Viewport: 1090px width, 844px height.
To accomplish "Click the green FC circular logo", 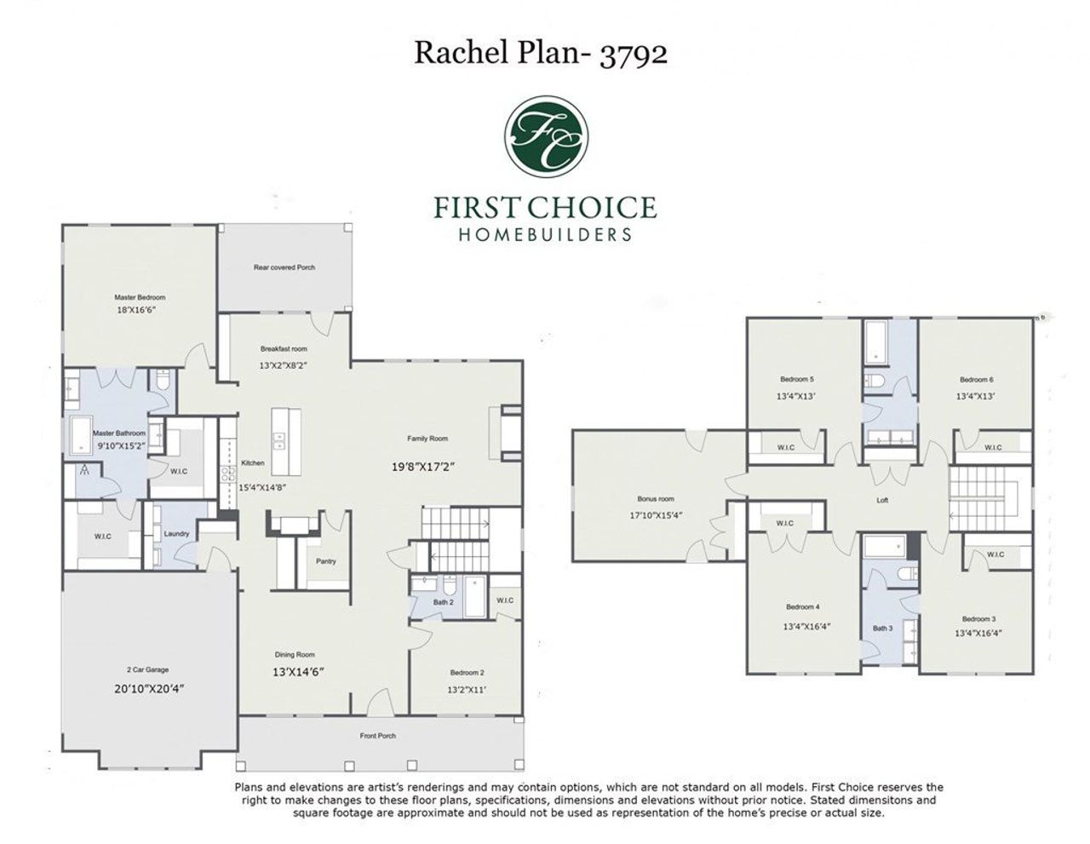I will click(545, 135).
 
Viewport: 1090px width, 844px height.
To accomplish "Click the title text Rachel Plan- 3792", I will click(541, 53).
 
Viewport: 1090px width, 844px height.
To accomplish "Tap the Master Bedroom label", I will click(140, 297).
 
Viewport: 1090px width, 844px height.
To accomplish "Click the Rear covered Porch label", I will click(284, 267).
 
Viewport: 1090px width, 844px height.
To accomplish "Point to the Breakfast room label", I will click(284, 348).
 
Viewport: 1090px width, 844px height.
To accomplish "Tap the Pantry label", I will click(325, 561).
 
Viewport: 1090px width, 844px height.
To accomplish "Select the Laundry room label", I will click(176, 534).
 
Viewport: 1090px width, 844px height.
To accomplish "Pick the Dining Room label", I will click(295, 655).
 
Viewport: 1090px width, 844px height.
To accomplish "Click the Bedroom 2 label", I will click(467, 673).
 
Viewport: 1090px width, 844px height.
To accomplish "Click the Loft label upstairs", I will click(882, 500).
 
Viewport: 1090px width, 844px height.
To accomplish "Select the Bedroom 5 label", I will click(797, 379).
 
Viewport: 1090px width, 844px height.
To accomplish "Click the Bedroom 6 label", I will click(977, 379).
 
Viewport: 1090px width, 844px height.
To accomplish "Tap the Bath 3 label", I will click(882, 629).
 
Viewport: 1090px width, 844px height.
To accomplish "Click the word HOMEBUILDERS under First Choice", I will click(545, 234).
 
